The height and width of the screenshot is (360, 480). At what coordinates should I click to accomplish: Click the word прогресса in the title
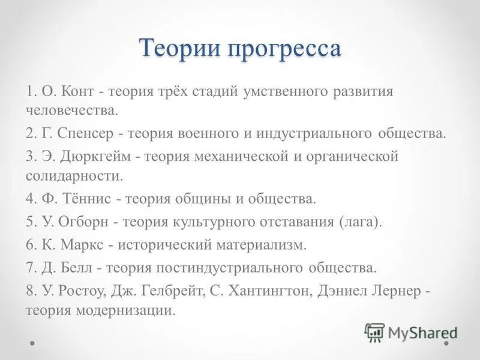pos(284,49)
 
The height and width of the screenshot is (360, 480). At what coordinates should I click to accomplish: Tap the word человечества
pos(72,110)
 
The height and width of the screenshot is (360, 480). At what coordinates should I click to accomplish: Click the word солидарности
pos(74,176)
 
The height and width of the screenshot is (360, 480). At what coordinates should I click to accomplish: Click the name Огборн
pos(84,221)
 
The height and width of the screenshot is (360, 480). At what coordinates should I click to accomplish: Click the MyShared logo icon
pos(374,332)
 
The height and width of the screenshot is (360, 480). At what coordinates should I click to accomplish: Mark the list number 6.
pos(29,244)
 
